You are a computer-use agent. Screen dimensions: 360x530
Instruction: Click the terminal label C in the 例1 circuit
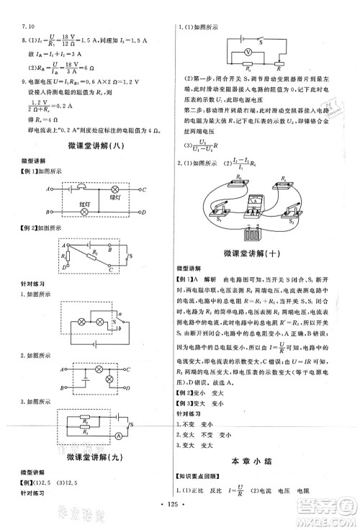(x=144, y=189)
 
